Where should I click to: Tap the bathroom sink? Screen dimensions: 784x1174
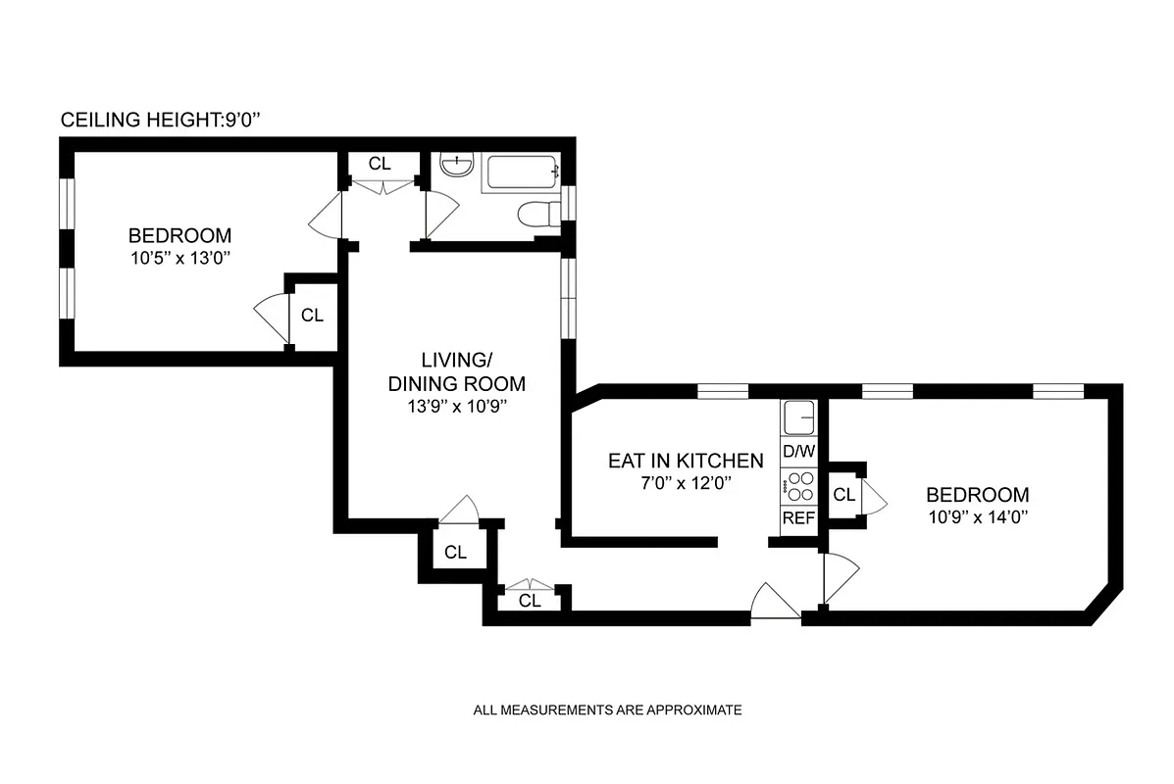tap(454, 167)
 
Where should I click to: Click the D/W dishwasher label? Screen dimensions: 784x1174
tap(798, 452)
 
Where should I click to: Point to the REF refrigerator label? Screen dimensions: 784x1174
tap(798, 518)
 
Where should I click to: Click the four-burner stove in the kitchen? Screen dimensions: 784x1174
tap(799, 486)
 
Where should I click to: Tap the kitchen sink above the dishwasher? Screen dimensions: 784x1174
tap(799, 418)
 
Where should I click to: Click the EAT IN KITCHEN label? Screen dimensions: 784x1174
tap(686, 461)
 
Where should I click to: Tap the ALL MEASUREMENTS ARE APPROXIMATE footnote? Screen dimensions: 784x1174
tap(607, 710)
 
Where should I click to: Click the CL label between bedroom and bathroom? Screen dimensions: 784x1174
tap(380, 164)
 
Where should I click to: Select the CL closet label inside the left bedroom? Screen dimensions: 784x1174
tap(312, 316)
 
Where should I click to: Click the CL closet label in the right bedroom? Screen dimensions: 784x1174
tap(843, 496)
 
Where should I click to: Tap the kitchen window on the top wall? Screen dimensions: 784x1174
tap(723, 392)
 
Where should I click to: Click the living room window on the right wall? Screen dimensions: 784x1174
tap(567, 298)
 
